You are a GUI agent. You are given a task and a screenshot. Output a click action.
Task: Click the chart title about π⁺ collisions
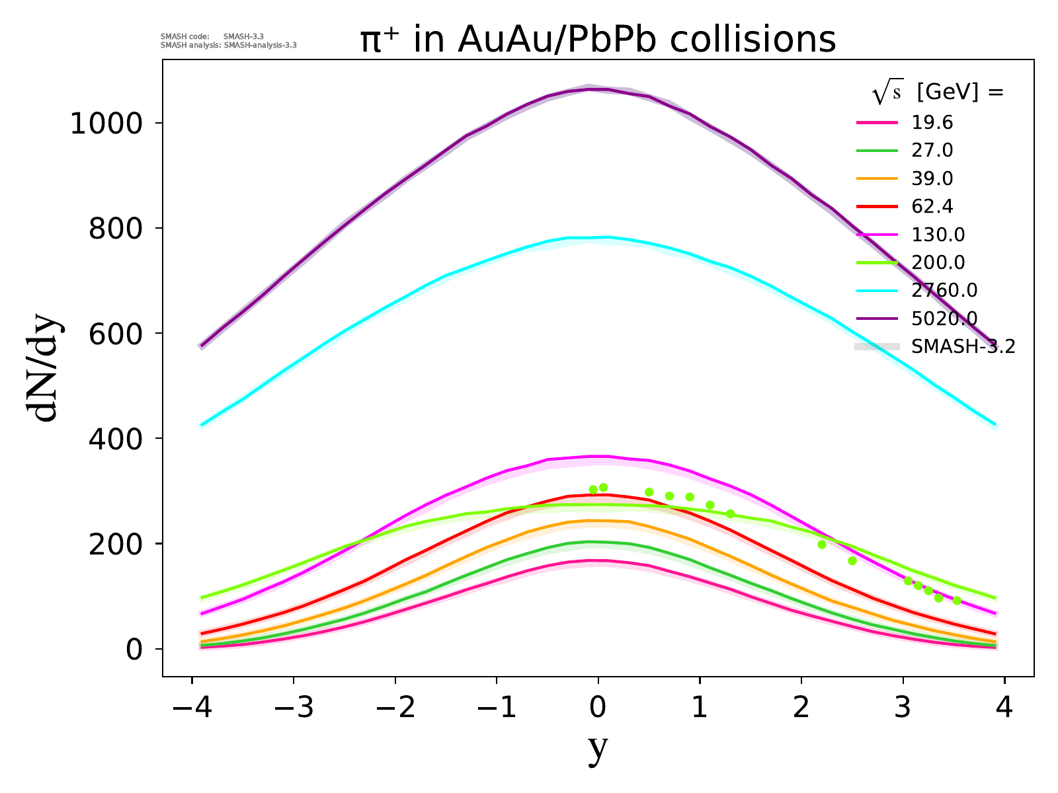pyautogui.click(x=598, y=40)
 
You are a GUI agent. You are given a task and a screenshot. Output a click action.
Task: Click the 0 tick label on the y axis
pyautogui.click(x=134, y=650)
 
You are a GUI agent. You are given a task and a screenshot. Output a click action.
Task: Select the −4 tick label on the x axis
pyautogui.click(x=192, y=708)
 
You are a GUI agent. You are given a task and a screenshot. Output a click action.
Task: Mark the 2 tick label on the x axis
pyautogui.click(x=801, y=708)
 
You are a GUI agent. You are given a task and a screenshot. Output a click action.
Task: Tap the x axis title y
pyautogui.click(x=597, y=748)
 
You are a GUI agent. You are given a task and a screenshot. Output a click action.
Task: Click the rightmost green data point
pyautogui.click(x=957, y=601)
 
